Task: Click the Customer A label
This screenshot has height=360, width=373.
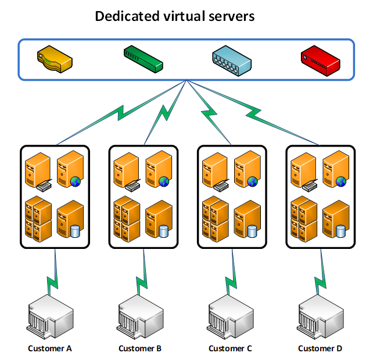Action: [50, 349]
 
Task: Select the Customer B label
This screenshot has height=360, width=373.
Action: [139, 349]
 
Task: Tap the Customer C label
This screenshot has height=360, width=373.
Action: [230, 349]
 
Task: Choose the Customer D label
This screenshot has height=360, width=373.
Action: [320, 349]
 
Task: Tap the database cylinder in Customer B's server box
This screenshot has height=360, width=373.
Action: [164, 231]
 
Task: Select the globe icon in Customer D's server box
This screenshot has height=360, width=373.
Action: [341, 182]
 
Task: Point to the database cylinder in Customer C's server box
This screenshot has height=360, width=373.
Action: [252, 231]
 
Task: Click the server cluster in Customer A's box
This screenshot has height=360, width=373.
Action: [38, 219]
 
